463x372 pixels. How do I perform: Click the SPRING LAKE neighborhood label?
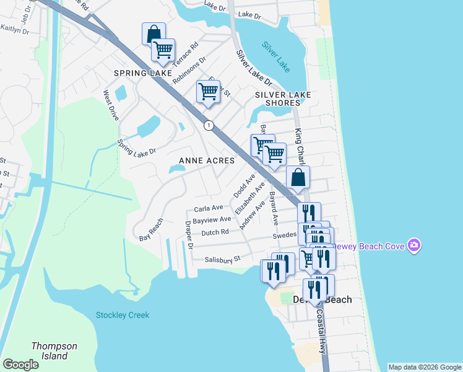pos(143,73)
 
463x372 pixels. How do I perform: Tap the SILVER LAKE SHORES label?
pos(283,99)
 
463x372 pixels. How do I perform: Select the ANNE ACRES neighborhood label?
pos(207,161)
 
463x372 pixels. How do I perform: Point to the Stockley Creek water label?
pos(123,315)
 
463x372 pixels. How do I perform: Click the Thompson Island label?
pos(55,351)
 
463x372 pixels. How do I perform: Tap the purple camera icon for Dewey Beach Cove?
pos(414,246)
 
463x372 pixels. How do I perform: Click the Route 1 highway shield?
pos(209,125)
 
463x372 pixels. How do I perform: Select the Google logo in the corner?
pos(20,365)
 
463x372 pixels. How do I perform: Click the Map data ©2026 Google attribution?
pos(425,367)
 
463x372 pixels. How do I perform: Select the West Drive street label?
pos(111,105)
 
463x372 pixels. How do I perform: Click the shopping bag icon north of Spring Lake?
pos(154,34)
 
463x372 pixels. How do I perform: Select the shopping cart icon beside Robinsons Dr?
pos(163,50)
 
